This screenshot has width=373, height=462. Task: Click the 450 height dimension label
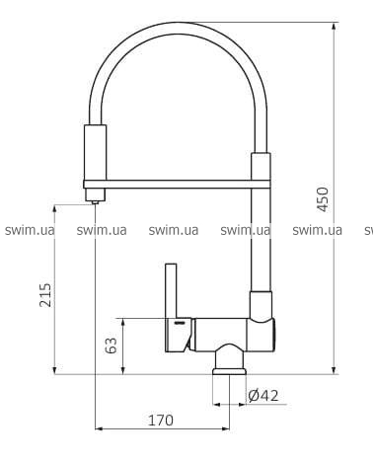[x=323, y=199]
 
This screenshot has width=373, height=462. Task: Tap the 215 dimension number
[x=45, y=295]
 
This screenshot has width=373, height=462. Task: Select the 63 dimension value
[x=111, y=346]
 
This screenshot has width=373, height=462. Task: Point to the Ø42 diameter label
[x=263, y=395]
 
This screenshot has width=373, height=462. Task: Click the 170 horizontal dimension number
[x=161, y=421]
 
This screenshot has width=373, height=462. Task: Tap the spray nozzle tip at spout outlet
[x=95, y=202]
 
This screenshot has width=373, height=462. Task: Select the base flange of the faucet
[x=229, y=371]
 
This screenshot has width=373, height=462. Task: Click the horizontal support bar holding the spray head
[x=177, y=185]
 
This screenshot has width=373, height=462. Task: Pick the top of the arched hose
[x=178, y=28]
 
